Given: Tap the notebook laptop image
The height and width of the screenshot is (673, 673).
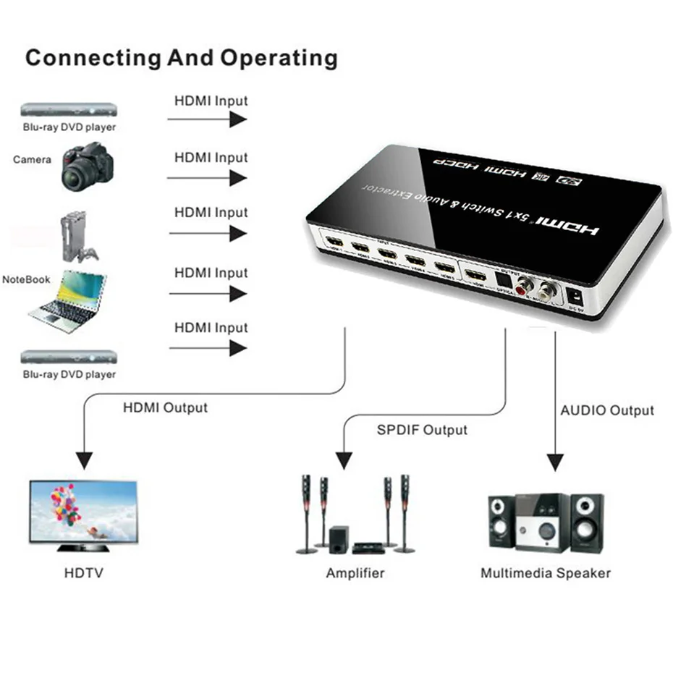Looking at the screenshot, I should (67, 301).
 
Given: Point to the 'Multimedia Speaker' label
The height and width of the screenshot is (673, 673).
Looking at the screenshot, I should (546, 573).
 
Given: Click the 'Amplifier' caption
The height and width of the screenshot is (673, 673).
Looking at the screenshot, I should (355, 573).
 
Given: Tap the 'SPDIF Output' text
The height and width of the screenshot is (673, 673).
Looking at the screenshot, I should (422, 430).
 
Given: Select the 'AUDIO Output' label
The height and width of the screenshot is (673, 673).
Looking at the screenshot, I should (607, 410).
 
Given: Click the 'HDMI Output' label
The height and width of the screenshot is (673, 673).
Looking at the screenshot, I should (165, 407).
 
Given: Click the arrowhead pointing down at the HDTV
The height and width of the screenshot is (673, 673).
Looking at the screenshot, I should (85, 460).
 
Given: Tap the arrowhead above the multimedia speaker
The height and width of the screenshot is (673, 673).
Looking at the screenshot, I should (555, 460).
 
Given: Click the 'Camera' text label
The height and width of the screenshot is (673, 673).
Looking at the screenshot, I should (33, 159).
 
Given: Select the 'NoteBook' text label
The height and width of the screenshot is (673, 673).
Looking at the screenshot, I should (26, 279).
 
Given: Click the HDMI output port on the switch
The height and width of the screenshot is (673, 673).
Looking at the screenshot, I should (475, 275).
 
